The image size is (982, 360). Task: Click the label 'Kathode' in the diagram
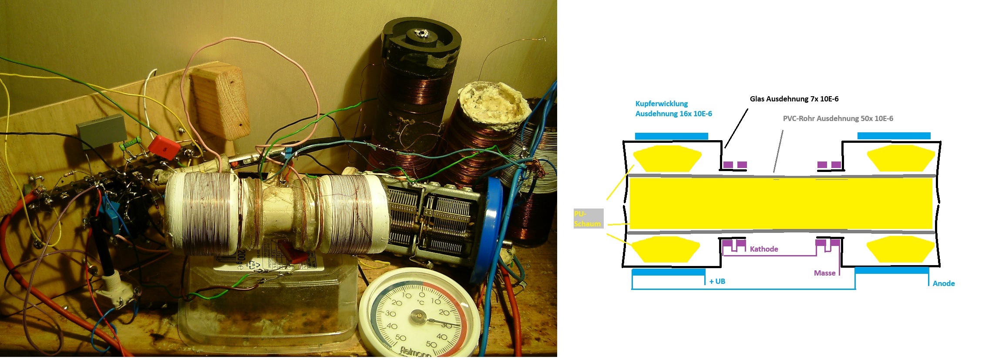tap(764, 249)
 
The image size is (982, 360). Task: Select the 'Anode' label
tap(944, 283)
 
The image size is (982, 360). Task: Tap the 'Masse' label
tap(824, 273)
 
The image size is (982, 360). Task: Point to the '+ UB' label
tap(717, 282)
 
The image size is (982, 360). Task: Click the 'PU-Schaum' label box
tap(588, 219)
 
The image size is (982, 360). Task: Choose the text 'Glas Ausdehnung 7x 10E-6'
tap(794, 99)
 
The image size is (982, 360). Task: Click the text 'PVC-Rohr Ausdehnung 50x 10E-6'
tap(838, 118)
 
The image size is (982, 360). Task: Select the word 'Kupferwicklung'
tap(662, 104)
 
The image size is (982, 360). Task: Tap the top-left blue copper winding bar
tap(671, 136)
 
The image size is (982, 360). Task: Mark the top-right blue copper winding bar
tap(894, 136)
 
